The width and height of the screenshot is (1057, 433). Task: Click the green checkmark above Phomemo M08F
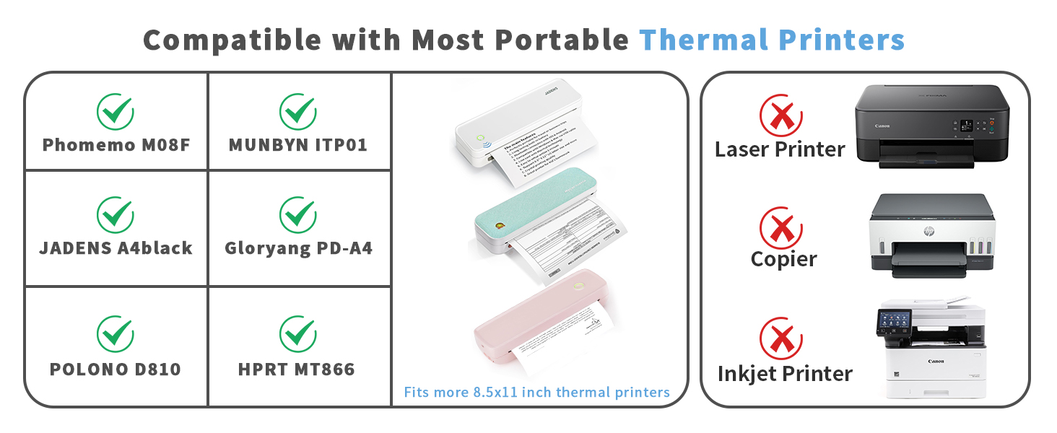(x=116, y=110)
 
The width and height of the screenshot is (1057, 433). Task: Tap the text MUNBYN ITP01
(x=298, y=145)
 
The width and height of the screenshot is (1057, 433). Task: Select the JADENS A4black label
(x=116, y=248)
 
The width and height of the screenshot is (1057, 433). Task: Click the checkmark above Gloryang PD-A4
(x=298, y=213)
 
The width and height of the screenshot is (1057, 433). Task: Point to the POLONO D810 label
(x=116, y=369)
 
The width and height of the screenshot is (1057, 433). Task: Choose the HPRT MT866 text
(x=297, y=370)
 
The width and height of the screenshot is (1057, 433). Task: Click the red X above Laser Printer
(x=780, y=115)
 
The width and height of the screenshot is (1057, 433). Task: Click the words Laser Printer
(x=780, y=149)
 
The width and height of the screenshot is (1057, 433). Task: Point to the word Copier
(x=783, y=259)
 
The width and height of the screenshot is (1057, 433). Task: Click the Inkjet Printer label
(x=785, y=374)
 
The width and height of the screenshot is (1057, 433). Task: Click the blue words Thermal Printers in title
(x=772, y=40)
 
